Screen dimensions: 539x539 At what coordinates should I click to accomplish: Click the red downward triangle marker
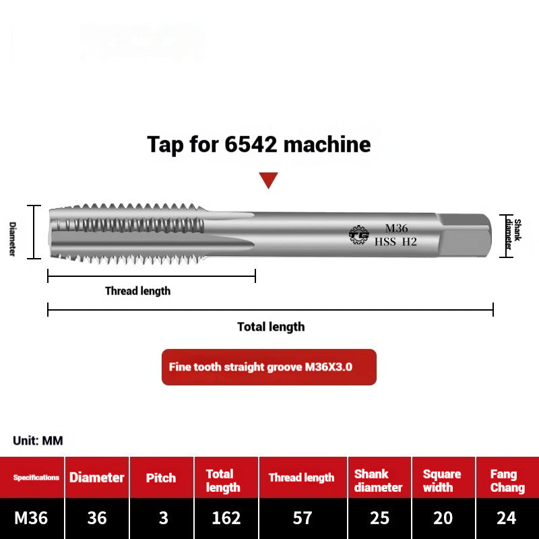click(269, 180)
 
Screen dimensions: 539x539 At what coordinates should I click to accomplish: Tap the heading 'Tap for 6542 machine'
click(259, 144)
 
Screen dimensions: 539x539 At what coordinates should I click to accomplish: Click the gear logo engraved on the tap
click(358, 234)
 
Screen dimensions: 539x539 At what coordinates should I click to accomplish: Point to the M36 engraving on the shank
click(396, 228)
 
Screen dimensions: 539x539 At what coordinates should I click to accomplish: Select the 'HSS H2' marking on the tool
click(396, 242)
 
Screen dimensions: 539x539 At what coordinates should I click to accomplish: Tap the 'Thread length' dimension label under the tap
click(137, 291)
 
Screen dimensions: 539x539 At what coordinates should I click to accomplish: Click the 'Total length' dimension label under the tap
click(271, 327)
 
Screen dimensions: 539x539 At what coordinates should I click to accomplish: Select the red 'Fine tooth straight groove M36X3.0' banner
click(269, 367)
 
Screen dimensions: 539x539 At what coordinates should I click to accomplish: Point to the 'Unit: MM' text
click(38, 441)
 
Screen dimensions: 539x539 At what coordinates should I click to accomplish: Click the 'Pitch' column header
click(162, 478)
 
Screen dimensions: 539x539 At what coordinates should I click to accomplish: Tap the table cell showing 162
click(226, 518)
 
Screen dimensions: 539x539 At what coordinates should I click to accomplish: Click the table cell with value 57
click(303, 518)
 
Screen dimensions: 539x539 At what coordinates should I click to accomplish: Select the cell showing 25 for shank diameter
click(379, 518)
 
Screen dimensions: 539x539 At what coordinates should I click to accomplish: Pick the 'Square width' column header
click(442, 481)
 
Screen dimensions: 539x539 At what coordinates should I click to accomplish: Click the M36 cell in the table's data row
click(32, 518)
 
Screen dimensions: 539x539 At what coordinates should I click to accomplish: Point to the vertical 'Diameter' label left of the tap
click(12, 239)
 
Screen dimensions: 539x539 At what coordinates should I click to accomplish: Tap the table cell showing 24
click(507, 518)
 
